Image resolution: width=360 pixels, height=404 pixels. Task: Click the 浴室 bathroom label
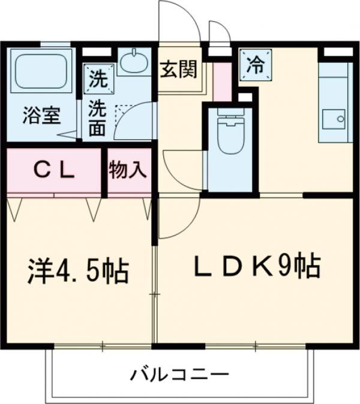click(41, 115)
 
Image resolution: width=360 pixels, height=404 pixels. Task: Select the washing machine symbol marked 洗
click(96, 76)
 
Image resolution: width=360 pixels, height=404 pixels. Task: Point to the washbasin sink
click(133, 62)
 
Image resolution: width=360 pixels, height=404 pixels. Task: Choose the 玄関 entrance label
click(178, 70)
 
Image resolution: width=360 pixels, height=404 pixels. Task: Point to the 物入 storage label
click(128, 171)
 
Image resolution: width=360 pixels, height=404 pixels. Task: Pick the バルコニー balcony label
click(180, 376)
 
